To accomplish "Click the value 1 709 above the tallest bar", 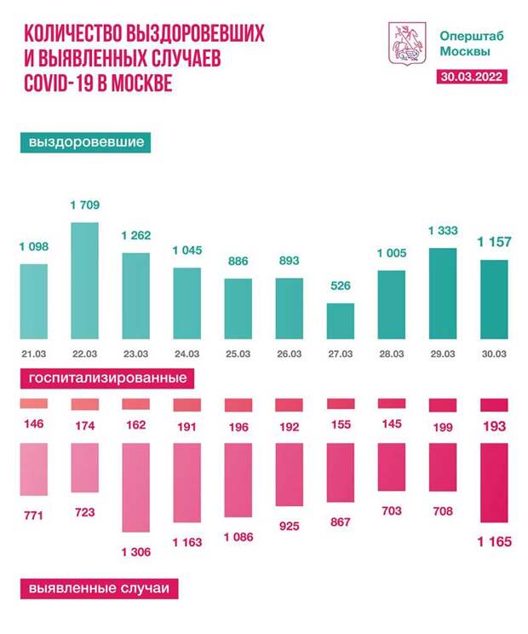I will (x=83, y=205).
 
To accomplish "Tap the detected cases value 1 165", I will (x=495, y=541).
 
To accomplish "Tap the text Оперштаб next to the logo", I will (x=465, y=36).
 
